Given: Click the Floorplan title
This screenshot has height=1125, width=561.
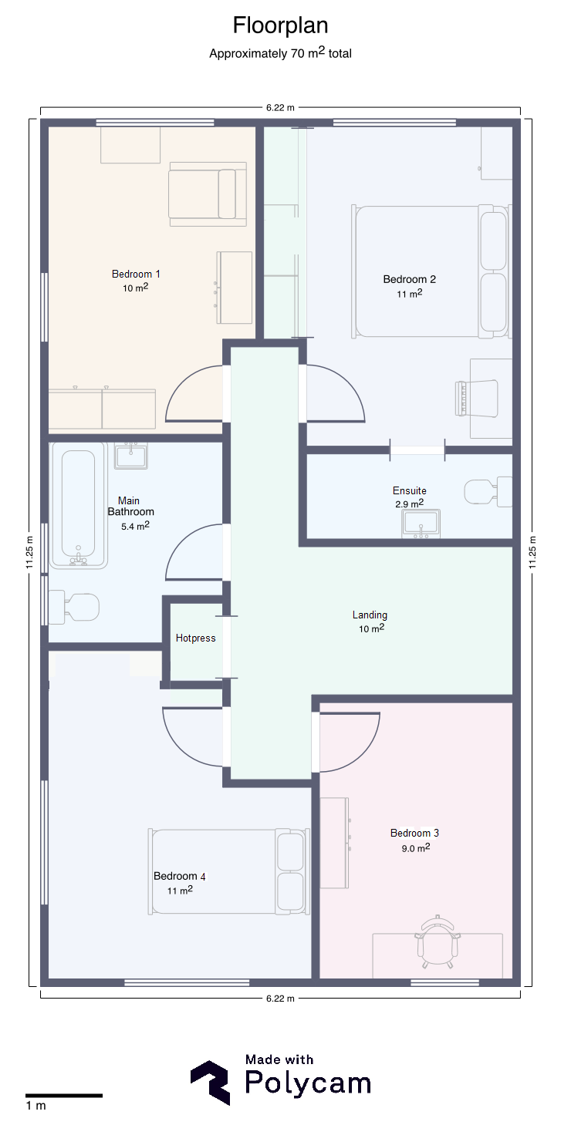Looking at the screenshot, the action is pyautogui.click(x=280, y=26).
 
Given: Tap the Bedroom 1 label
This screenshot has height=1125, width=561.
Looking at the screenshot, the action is pyautogui.click(x=136, y=275).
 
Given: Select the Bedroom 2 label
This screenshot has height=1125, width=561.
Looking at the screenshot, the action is pyautogui.click(x=409, y=279).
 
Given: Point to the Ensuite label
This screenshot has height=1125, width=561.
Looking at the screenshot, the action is pyautogui.click(x=409, y=490).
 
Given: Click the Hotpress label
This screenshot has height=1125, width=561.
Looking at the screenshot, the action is pyautogui.click(x=195, y=638).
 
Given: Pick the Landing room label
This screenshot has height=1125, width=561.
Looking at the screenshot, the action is pyautogui.click(x=370, y=615).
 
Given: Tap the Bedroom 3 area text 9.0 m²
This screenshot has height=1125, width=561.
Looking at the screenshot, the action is pyautogui.click(x=416, y=847).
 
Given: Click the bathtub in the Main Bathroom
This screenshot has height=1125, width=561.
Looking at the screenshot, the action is pyautogui.click(x=79, y=506).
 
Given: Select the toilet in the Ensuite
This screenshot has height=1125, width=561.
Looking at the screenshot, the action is pyautogui.click(x=488, y=491).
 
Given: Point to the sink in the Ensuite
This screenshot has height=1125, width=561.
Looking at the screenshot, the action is pyautogui.click(x=421, y=524).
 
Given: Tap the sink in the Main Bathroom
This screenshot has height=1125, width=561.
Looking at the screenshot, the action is pyautogui.click(x=130, y=456).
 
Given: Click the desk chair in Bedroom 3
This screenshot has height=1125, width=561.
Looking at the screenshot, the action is pyautogui.click(x=438, y=941).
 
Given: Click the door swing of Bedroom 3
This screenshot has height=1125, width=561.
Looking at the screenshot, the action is pyautogui.click(x=350, y=743).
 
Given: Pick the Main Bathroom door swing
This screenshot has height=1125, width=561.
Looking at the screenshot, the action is pyautogui.click(x=194, y=552).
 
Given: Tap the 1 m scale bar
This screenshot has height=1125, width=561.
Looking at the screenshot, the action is pyautogui.click(x=64, y=1096).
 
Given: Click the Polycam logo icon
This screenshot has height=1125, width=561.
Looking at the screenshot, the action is pyautogui.click(x=210, y=1083).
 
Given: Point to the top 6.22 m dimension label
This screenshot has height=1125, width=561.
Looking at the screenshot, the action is pyautogui.click(x=280, y=107).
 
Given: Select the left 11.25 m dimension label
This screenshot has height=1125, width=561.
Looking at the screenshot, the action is pyautogui.click(x=29, y=552).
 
